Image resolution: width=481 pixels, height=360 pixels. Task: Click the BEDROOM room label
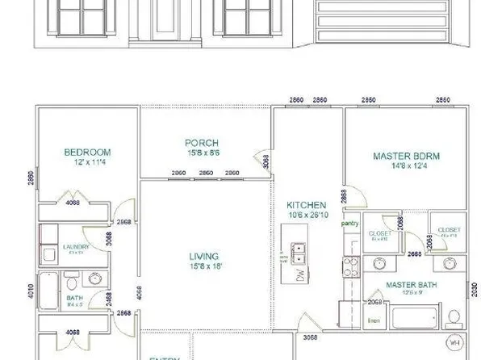[87, 152]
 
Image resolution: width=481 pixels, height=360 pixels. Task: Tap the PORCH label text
[202, 143]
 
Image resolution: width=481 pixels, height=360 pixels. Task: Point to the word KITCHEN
[306, 205]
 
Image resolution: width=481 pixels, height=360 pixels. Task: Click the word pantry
[350, 223]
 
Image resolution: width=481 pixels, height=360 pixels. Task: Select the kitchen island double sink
[298, 254]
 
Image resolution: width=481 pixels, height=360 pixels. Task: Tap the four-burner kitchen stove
[351, 266]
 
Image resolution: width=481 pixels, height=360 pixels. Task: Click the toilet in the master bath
[454, 316]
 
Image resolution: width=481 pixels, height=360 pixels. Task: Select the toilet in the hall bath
[72, 284]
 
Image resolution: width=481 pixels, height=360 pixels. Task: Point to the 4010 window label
[31, 290]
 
